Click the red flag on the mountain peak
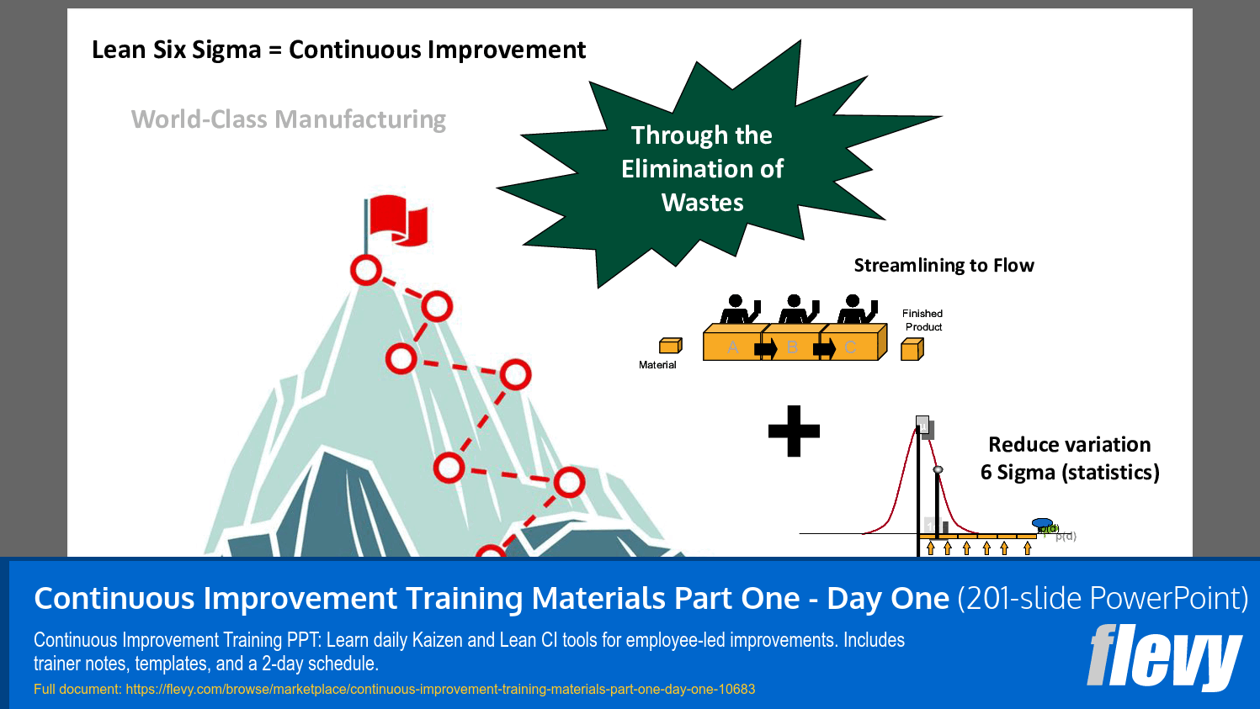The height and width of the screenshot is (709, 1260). click(397, 220)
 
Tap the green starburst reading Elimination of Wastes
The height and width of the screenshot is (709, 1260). click(702, 168)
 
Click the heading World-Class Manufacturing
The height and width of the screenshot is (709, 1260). click(289, 119)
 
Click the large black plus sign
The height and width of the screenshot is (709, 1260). click(794, 431)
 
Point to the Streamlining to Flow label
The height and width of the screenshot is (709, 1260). click(944, 266)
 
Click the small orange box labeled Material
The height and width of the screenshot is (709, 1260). click(670, 346)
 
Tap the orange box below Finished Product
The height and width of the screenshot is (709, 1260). click(912, 349)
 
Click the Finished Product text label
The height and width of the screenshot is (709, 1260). click(922, 320)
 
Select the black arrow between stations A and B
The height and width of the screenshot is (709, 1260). click(765, 348)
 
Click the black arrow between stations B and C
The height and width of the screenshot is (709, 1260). click(824, 348)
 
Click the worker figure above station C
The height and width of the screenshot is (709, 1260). click(856, 310)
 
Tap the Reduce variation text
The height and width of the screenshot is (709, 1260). click(1069, 444)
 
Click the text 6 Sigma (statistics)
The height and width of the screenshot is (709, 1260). click(1070, 473)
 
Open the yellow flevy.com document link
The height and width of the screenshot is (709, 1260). click(440, 690)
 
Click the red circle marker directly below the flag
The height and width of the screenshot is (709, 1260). click(366, 271)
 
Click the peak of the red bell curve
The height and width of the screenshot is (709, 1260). click(917, 428)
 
